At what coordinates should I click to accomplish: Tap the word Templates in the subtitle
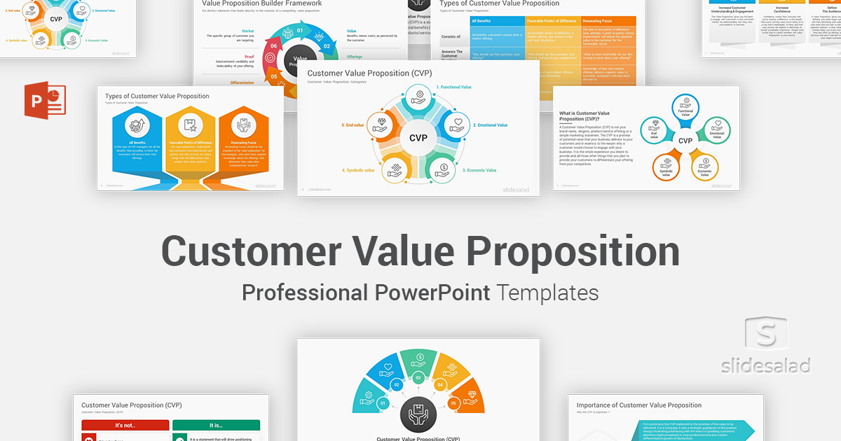(547, 292)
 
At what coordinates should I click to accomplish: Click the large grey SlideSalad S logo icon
(767, 336)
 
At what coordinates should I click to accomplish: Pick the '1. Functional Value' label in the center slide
(454, 87)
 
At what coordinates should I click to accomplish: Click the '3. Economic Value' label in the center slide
(479, 170)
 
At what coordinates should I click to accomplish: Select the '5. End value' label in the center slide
(353, 125)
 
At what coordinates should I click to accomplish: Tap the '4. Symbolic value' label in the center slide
(358, 170)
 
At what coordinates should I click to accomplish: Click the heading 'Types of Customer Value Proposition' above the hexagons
(157, 96)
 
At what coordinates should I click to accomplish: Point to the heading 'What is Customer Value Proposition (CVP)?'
(584, 116)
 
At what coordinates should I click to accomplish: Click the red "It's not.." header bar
(125, 425)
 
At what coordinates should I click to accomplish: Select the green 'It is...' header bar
(216, 425)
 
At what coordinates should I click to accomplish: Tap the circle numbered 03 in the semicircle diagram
(418, 378)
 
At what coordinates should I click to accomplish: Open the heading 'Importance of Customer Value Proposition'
(638, 405)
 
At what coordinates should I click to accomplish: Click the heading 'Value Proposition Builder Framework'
(257, 3)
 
